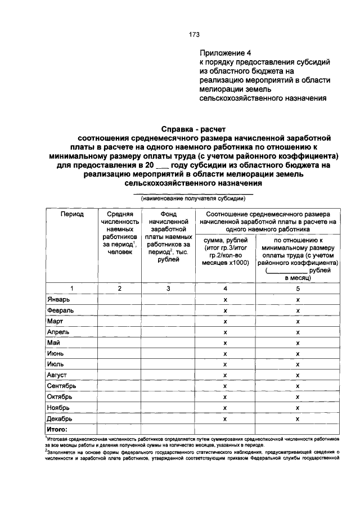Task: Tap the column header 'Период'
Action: pos(72,214)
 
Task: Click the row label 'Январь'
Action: pos(59,299)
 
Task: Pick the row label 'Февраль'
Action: pos(61,310)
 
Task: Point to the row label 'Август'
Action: pos(57,375)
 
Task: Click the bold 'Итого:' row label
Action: pos(57,429)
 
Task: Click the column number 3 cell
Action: pos(168,288)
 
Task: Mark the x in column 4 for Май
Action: pos(225,343)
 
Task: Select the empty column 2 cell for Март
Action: pos(119,321)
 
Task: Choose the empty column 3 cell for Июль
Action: pos(168,364)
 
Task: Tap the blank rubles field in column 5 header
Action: pos(286,270)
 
